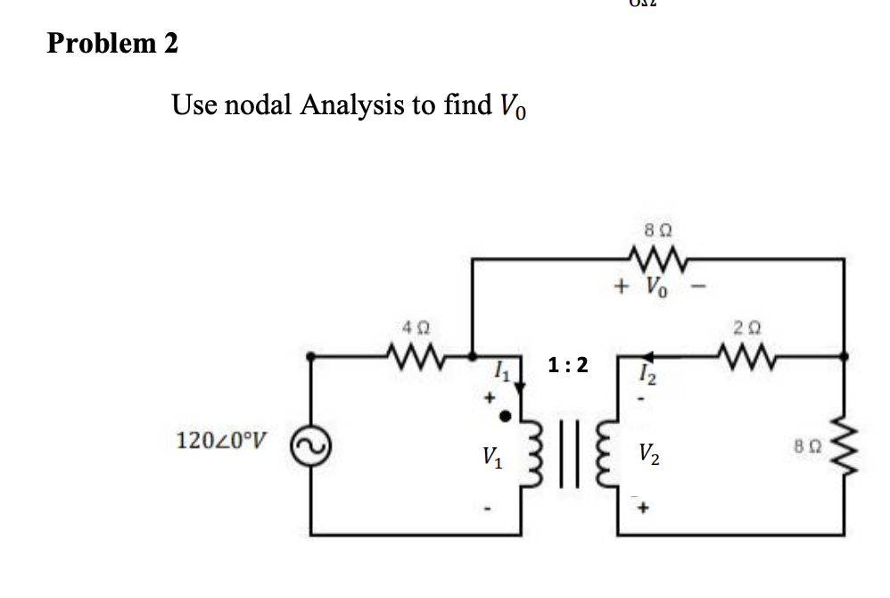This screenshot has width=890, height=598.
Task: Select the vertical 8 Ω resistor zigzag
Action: [845, 444]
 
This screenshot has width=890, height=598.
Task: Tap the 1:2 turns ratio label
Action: [568, 364]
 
